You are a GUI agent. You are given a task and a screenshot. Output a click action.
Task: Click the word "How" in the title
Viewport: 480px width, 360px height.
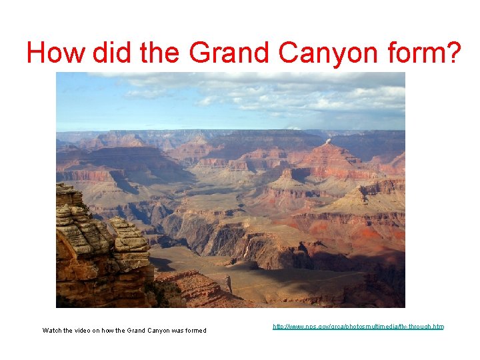(x=56, y=52)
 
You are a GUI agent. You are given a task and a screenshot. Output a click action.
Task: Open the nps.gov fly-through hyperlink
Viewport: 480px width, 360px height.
(x=358, y=327)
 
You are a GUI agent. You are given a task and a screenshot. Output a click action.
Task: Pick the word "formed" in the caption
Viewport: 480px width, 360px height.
(x=195, y=331)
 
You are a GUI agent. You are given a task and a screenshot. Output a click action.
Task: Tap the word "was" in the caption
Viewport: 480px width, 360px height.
(x=175, y=331)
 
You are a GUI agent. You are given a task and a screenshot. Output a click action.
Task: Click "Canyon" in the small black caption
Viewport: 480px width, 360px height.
(x=155, y=331)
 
